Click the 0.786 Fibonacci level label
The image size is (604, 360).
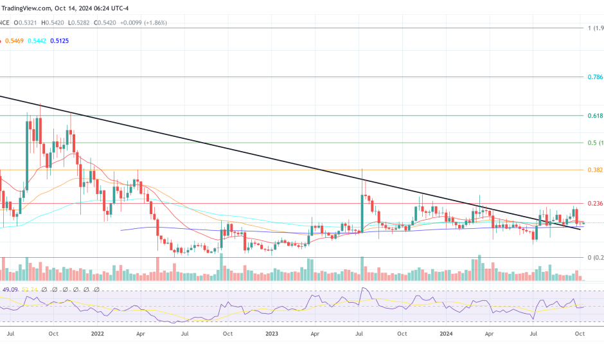[594, 76]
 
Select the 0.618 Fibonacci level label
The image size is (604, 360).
[594, 115]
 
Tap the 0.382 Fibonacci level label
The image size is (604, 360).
[594, 170]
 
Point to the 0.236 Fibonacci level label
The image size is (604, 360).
[594, 204]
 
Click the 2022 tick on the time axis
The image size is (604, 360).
[98, 334]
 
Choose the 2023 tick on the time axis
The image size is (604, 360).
[271, 334]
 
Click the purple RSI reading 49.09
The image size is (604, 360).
[10, 289]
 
